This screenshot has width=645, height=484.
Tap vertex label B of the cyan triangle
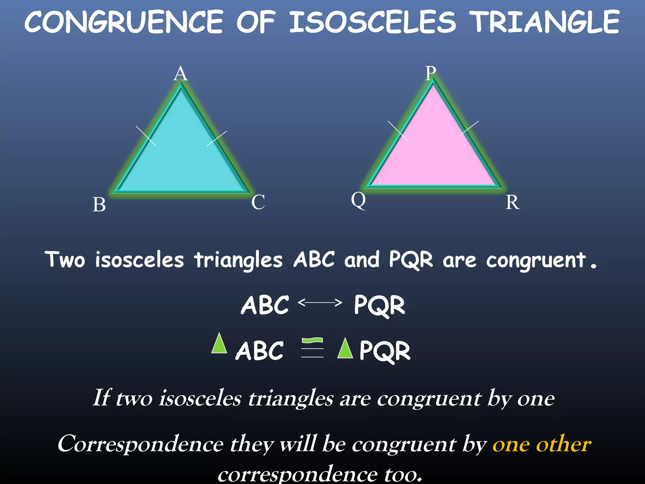coord(99,205)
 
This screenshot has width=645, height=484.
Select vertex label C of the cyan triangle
coord(258,202)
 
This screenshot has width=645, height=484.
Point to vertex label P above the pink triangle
coord(431,73)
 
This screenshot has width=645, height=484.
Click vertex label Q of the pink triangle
coord(358,200)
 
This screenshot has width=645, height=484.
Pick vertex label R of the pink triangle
coord(512,202)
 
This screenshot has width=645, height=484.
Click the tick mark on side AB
coord(146,136)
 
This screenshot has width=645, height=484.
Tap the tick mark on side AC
coord(217,139)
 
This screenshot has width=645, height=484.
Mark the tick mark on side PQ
coord(398,131)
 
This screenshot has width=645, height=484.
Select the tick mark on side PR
coord(469,129)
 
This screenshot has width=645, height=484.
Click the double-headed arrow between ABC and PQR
coord(320,303)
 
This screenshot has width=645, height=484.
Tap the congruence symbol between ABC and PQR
coord(312,348)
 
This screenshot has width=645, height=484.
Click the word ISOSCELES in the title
coord(372,22)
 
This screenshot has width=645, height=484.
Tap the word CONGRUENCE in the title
coord(124,22)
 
